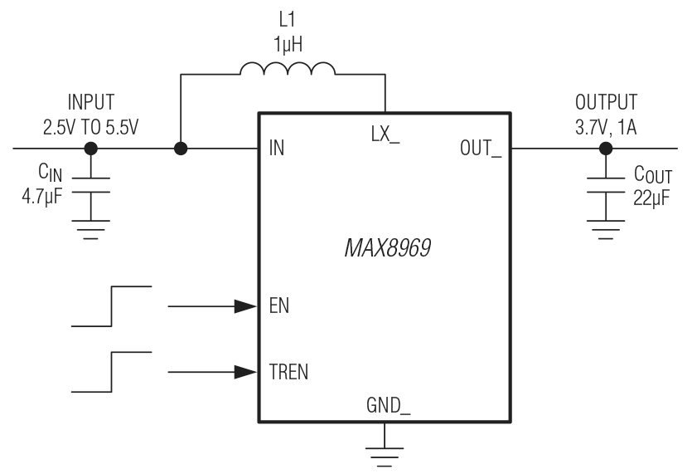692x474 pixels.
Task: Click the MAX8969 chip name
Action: point(387,248)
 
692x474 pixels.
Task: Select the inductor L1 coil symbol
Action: point(288,71)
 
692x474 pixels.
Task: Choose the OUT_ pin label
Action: point(481,149)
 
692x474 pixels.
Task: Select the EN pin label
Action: point(279,306)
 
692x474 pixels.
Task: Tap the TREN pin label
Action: point(288,371)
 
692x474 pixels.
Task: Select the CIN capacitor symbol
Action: point(91,184)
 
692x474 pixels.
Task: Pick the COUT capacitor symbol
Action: point(606,184)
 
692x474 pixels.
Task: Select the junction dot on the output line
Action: point(606,149)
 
